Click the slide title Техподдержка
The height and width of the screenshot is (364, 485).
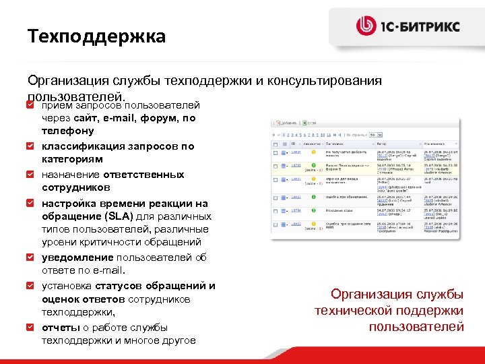click(x=96, y=36)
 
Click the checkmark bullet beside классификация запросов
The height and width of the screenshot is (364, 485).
click(x=30, y=146)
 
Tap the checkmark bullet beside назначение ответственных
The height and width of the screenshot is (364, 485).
click(x=30, y=174)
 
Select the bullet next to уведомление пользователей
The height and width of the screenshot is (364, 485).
click(x=30, y=257)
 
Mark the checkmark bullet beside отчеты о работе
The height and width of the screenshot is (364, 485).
click(x=30, y=327)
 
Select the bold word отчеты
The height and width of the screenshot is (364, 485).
click(x=61, y=328)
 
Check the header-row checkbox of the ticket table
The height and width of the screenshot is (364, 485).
click(x=276, y=144)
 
